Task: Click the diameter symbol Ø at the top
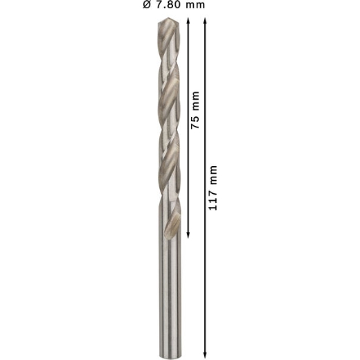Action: point(147,5)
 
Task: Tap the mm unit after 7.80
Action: point(195,6)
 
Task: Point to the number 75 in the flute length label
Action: point(195,123)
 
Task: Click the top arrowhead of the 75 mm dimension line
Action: point(188,21)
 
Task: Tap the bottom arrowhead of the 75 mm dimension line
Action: point(188,235)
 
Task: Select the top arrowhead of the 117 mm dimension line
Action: point(205,21)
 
